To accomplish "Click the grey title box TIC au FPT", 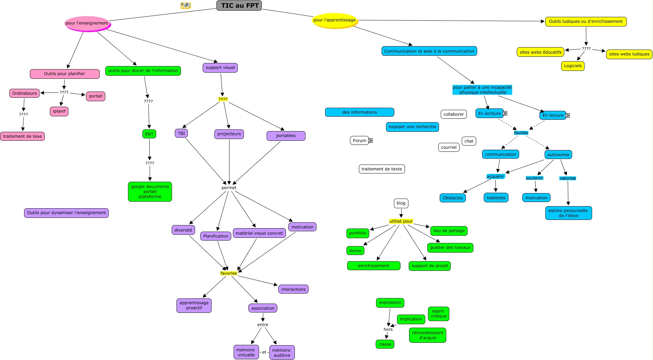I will [239, 6].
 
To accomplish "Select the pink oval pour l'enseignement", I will [87, 23].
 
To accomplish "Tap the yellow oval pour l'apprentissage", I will [334, 20].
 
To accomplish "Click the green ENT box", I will [149, 134].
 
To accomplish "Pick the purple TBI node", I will [181, 133].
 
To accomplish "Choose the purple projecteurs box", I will [229, 134].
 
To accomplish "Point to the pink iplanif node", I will [59, 111].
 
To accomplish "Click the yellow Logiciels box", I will [573, 66].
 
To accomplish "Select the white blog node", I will [401, 203].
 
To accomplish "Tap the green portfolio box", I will [357, 233].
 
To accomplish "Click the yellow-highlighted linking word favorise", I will [229, 273].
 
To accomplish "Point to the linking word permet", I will [229, 188].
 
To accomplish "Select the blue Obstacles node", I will [452, 198].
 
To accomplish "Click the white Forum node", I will [360, 140].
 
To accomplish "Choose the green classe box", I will [385, 344].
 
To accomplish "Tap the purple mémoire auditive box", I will [282, 352].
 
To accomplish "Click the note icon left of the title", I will [185, 5].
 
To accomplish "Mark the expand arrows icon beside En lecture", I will [567, 115].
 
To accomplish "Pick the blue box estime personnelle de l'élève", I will [568, 213].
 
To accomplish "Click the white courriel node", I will [449, 147].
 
